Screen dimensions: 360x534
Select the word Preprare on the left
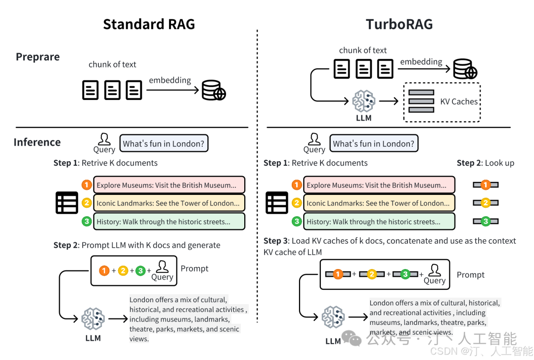38,57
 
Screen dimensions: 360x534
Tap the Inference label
37,142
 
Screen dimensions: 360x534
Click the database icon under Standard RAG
214,90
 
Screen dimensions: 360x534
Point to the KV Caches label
459,101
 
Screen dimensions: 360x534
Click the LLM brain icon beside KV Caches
364,101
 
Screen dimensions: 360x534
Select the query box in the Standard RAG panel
164,143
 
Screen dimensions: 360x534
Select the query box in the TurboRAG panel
374,143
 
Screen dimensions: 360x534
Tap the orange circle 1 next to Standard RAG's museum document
87,185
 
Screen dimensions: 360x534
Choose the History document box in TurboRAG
379,222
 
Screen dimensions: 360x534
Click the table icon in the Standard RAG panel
67,203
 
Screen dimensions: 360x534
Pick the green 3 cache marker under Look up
486,221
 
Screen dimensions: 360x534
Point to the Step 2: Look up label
485,163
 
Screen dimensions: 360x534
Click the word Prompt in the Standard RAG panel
194,269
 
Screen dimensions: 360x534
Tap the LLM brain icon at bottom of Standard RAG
93,319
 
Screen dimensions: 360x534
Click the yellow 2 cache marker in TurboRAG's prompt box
372,274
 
